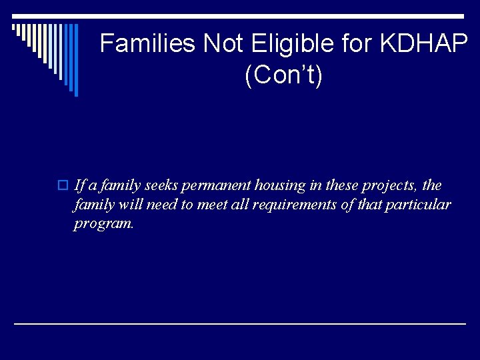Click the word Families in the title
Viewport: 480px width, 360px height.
(148, 44)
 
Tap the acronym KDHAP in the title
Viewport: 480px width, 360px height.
(425, 44)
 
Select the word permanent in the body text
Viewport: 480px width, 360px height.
(219, 185)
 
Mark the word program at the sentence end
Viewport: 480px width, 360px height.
(103, 224)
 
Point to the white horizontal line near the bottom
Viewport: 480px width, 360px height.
(240, 323)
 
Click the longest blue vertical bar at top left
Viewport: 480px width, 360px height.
(76, 60)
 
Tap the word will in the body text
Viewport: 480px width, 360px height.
(131, 204)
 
